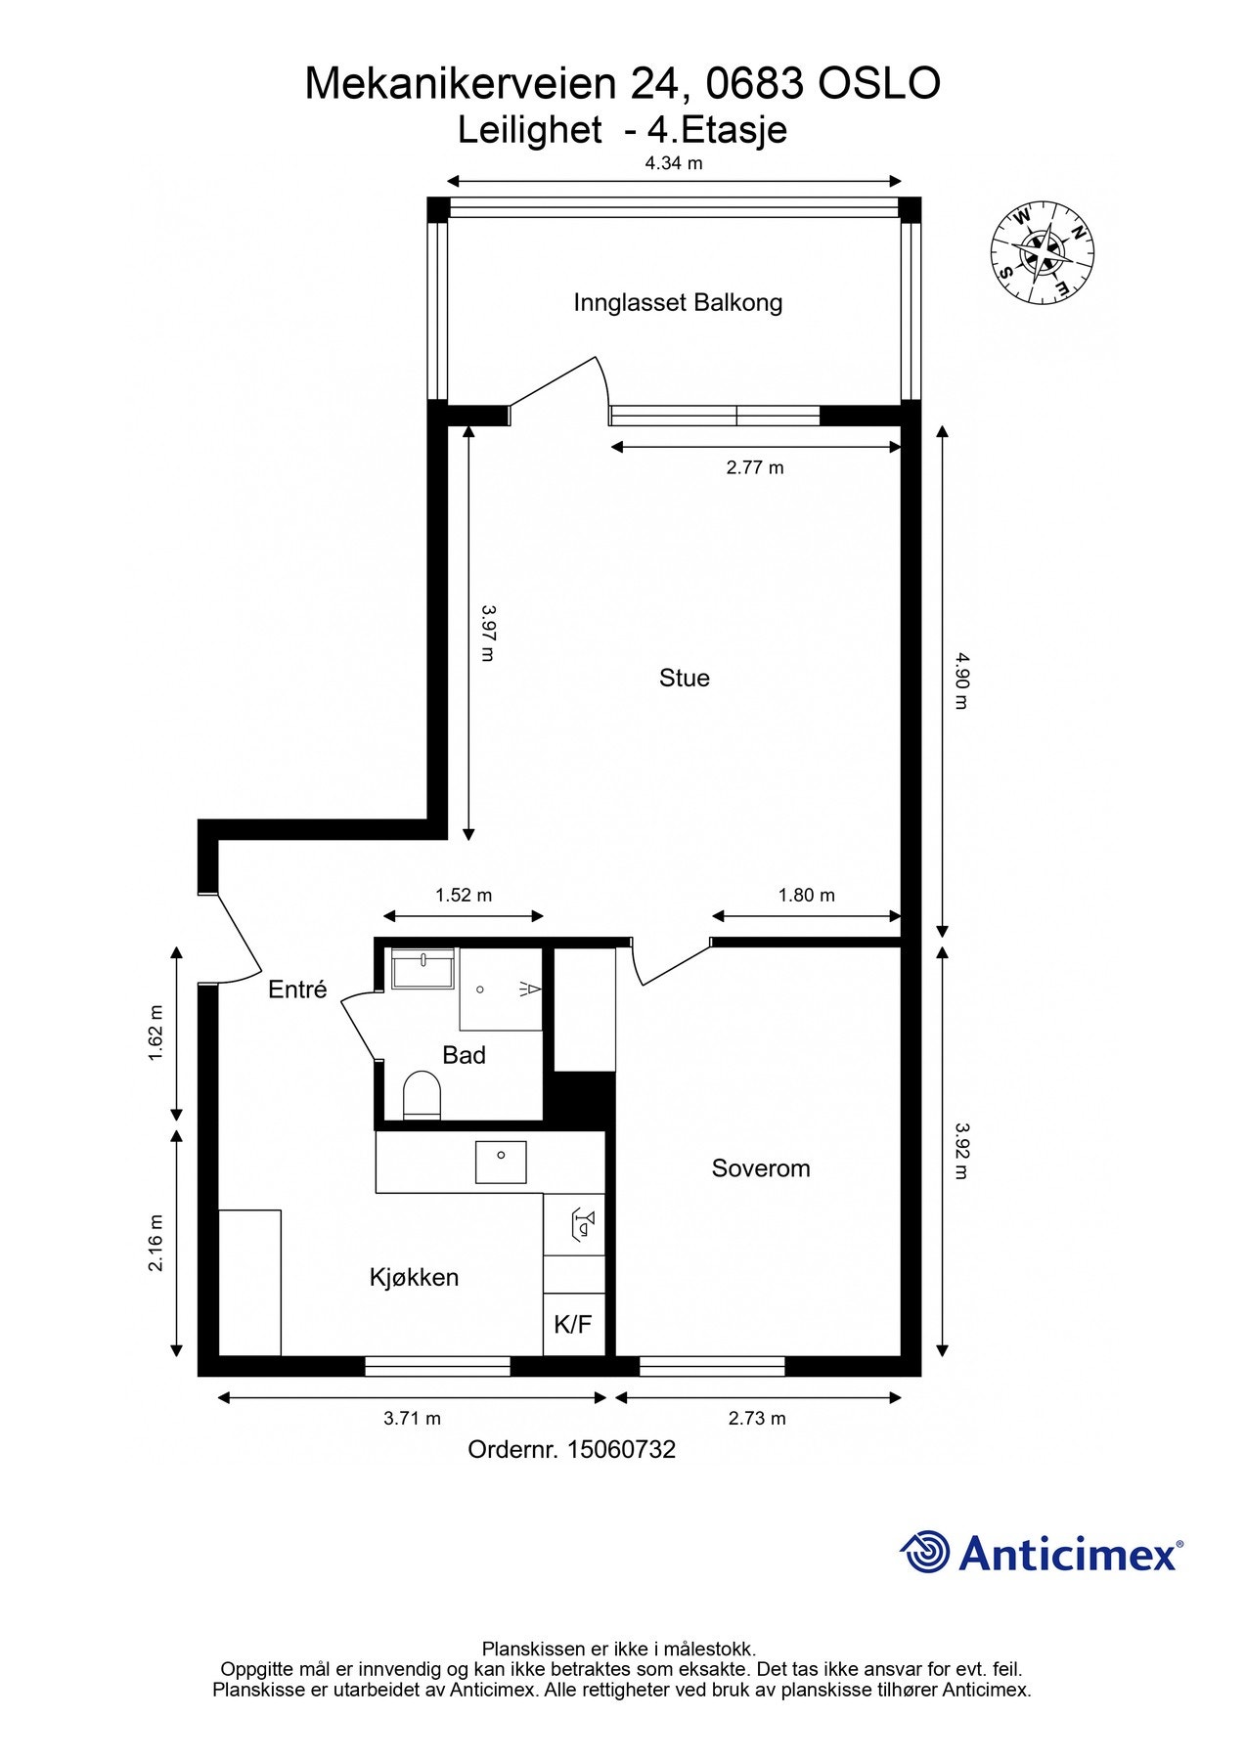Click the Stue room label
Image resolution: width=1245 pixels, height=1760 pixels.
click(684, 678)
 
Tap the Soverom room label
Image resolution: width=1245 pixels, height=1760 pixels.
click(761, 1168)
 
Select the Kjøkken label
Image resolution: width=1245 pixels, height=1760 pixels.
click(414, 1277)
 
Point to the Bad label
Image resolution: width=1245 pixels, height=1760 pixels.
click(464, 1055)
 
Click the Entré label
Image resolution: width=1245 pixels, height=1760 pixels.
click(297, 990)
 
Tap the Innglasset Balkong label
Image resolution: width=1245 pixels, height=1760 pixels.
click(678, 302)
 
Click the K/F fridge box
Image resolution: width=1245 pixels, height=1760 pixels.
click(573, 1325)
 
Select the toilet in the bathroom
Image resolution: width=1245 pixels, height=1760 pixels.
click(422, 1095)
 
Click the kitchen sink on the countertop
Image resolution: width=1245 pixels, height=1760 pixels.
click(501, 1163)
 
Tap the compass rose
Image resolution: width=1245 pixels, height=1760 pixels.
click(1043, 251)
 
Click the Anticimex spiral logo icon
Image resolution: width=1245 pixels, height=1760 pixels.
click(925, 1553)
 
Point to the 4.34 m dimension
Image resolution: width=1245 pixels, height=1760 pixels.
click(674, 163)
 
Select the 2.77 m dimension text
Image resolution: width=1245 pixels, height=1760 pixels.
click(755, 467)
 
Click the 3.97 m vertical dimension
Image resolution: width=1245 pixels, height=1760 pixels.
click(488, 632)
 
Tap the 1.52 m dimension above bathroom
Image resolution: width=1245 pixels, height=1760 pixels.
click(464, 895)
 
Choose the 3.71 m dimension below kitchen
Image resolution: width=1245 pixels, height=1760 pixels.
click(412, 1418)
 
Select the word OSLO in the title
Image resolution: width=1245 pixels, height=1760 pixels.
click(879, 84)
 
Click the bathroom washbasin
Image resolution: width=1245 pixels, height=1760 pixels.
click(423, 968)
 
